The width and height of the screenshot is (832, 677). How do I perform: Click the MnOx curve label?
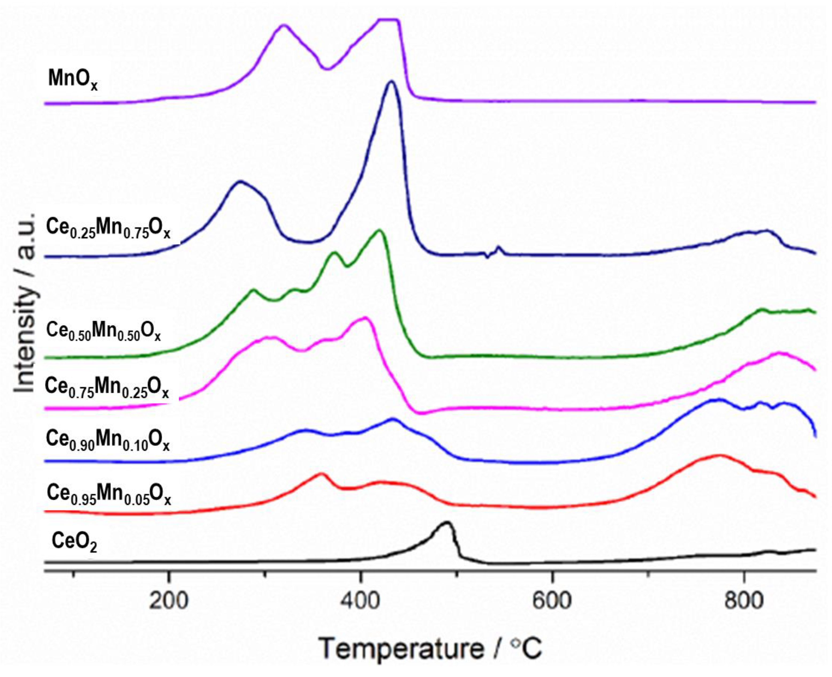coord(73,79)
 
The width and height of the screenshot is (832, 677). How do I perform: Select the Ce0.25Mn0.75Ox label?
coord(108,228)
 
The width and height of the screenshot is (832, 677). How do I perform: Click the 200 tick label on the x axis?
coord(169,601)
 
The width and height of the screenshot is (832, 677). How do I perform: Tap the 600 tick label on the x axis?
coord(552,601)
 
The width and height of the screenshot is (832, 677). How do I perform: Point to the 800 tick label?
coord(744,601)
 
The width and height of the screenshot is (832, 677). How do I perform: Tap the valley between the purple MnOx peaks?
coord(327,69)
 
